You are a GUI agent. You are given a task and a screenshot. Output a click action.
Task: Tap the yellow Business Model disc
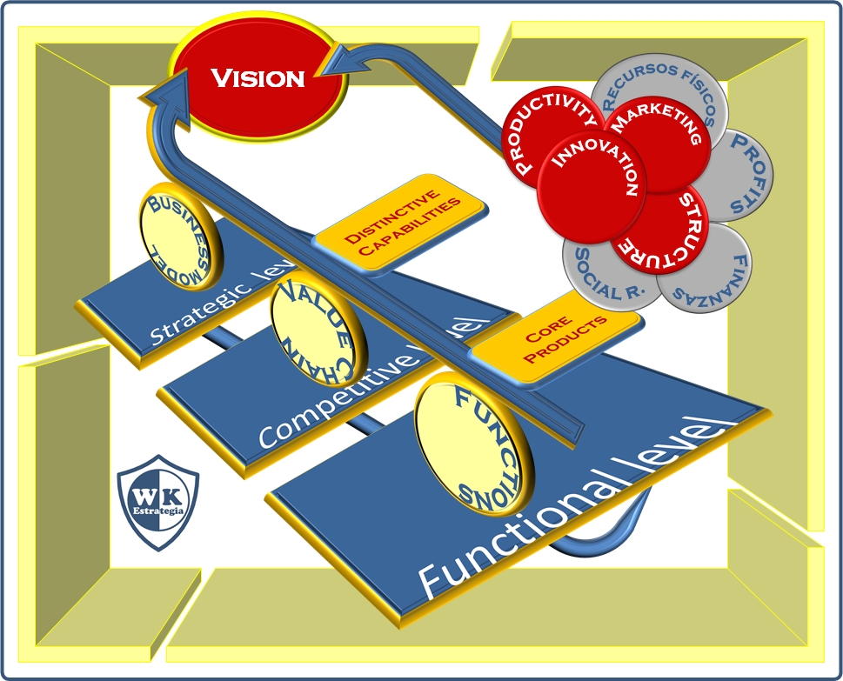tap(181, 230)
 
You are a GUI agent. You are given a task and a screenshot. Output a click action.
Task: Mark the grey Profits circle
tap(740, 174)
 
